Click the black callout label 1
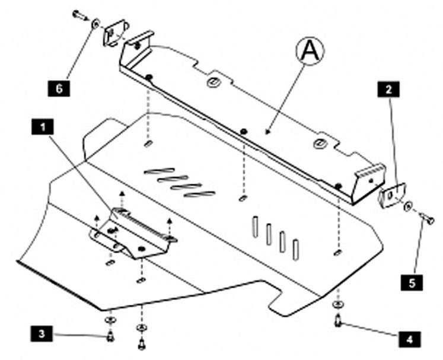[42, 127]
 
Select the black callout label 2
[388, 90]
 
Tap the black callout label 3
[42, 334]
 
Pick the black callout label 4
[409, 339]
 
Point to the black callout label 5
[412, 282]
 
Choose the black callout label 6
[59, 88]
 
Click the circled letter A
[310, 51]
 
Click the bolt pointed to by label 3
[110, 336]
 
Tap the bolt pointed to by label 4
[339, 321]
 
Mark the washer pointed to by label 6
[95, 24]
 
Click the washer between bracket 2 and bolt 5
[408, 206]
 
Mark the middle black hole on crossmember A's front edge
[243, 132]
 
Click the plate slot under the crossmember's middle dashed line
[243, 198]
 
